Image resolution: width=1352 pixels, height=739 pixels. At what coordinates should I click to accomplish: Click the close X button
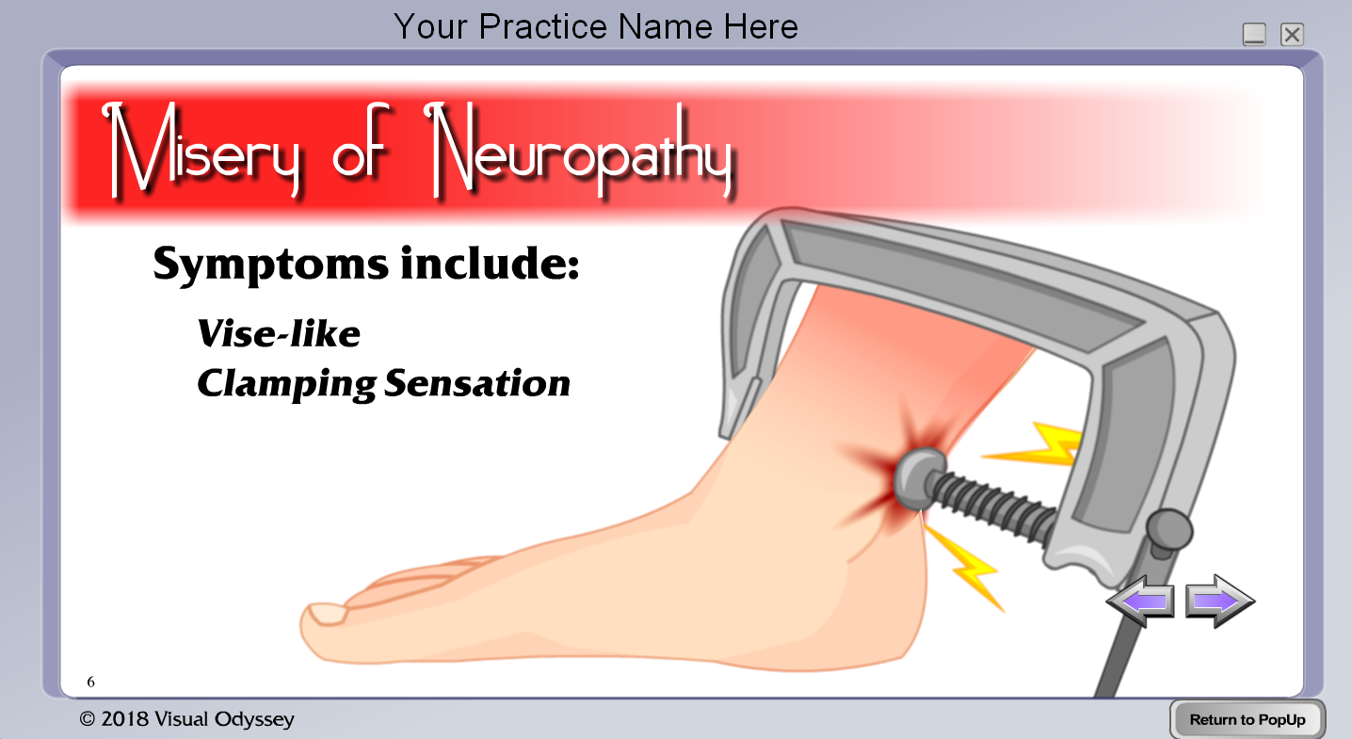1292,35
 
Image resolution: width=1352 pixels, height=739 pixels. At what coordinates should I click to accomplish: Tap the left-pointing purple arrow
1140,601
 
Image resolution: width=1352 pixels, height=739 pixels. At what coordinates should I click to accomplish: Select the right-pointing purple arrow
1220,601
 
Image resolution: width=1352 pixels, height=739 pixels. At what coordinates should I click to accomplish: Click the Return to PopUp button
1247,719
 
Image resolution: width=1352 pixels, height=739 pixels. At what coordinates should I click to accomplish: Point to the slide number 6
90,682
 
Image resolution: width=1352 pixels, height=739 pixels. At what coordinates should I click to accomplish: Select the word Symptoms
271,265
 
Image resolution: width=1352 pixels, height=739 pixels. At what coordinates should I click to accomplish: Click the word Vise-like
279,333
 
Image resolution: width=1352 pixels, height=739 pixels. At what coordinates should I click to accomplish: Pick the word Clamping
287,384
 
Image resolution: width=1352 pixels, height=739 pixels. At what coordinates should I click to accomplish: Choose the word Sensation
477,382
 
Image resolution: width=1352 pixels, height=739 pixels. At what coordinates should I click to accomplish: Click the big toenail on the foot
327,614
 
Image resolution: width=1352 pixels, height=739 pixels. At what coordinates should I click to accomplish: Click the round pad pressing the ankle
918,479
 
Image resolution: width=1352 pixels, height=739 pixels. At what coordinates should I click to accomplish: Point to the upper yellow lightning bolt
1033,444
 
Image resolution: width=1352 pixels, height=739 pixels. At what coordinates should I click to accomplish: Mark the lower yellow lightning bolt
964,567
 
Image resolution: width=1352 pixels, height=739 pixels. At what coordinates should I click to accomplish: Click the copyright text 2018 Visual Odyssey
186,719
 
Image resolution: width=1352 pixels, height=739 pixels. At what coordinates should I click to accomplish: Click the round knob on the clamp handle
1169,531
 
